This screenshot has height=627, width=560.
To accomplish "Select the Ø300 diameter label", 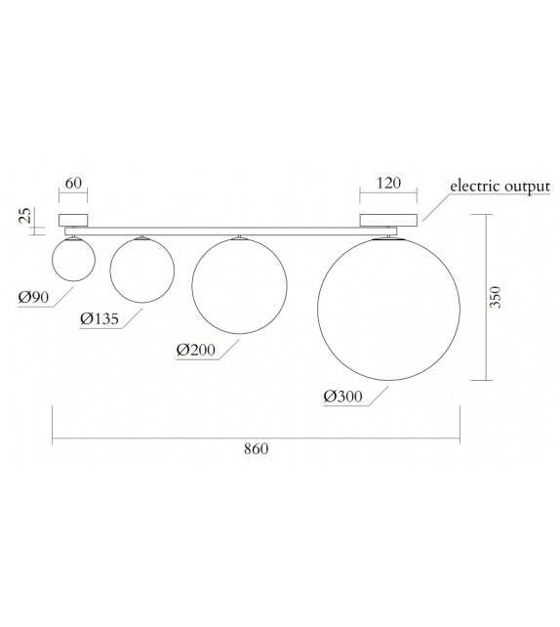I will pos(342,396).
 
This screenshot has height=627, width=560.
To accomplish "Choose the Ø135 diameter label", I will pos(100,318).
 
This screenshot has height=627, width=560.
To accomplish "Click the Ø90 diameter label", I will pos(33,297).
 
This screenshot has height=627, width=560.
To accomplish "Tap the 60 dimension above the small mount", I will pos(73,184).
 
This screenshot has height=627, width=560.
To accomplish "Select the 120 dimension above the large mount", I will pos(389,184).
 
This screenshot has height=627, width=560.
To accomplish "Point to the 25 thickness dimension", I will pos(25,215).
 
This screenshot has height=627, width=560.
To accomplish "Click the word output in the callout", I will pos(527,186).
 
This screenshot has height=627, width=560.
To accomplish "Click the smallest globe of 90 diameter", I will pos(73,261).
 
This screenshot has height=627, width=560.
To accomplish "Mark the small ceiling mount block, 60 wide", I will pos(73,220).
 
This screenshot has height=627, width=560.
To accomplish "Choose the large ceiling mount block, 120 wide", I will pos(389,220).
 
